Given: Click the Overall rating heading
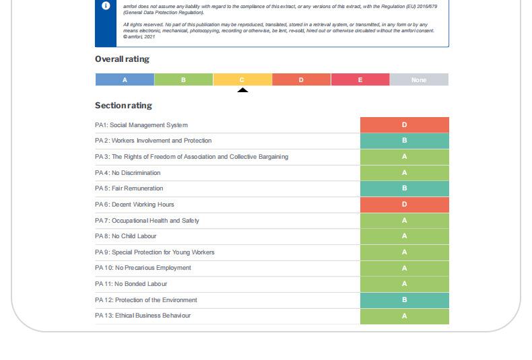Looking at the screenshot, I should (x=122, y=59).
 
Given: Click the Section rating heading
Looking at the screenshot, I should (x=123, y=106).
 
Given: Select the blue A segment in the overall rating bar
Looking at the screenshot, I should (x=125, y=80).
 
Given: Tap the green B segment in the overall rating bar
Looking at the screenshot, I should (x=183, y=80).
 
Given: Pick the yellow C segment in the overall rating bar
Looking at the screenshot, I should (x=242, y=80).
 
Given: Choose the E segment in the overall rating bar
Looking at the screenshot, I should (x=360, y=80).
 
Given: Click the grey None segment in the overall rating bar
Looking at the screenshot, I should (x=419, y=80).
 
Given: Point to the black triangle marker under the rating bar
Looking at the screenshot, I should (x=242, y=90).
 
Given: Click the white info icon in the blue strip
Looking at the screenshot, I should (x=106, y=6).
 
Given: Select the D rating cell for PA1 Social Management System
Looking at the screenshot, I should (x=404, y=125).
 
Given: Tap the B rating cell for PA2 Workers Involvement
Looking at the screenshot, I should (x=404, y=141).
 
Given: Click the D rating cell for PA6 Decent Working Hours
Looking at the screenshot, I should (x=404, y=205).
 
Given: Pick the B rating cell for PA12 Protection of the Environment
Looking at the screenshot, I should (x=404, y=300).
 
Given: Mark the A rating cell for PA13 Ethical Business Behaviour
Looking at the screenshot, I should (x=404, y=316).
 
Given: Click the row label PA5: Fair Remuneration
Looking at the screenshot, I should (x=129, y=188).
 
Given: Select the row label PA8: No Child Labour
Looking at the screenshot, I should (x=126, y=236).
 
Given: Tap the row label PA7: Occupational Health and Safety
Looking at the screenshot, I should (x=147, y=221).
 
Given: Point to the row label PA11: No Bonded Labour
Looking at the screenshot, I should (x=131, y=284).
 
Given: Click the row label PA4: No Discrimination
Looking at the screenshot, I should (x=128, y=173).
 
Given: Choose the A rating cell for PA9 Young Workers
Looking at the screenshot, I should (x=404, y=252).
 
